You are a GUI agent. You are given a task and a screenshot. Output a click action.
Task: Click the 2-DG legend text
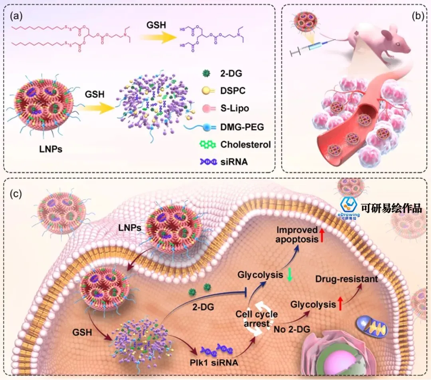[231, 74]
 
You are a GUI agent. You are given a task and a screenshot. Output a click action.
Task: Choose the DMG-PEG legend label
[242, 127]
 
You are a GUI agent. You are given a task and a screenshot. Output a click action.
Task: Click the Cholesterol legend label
[245, 144]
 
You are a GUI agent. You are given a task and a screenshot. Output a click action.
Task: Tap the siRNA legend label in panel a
[234, 162]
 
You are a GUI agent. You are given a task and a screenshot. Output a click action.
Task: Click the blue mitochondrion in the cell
[371, 326]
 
